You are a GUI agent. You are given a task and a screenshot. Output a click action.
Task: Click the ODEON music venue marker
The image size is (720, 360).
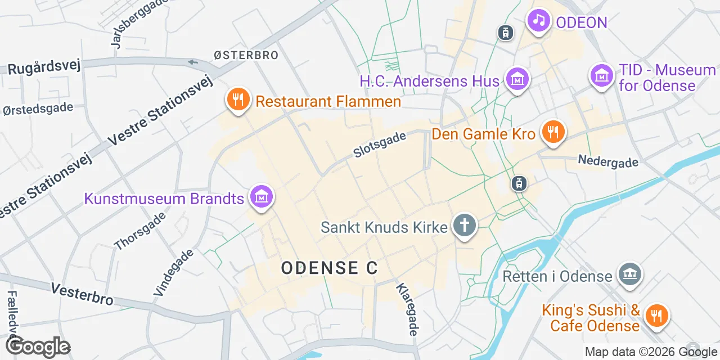click(539, 21)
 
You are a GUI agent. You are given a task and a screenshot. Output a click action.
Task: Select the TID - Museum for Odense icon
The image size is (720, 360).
click(601, 75)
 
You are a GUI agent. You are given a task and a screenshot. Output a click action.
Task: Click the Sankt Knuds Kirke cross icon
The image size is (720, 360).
click(465, 226)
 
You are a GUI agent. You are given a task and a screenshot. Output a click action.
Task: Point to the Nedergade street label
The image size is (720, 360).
click(608, 161)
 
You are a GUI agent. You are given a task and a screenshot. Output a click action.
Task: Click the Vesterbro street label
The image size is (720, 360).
click(82, 294)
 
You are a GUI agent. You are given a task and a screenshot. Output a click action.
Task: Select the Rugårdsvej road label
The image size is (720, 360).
click(44, 66)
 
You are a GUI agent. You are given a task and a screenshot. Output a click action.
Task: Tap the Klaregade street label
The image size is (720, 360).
click(407, 309)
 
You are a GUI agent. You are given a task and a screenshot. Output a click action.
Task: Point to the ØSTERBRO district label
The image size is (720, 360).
click(246, 55)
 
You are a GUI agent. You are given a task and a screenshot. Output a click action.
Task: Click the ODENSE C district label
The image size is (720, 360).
click(329, 268)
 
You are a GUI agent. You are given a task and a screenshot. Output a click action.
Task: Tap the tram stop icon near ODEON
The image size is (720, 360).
click(506, 33)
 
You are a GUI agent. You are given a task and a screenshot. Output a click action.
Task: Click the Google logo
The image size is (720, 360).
click(38, 347)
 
